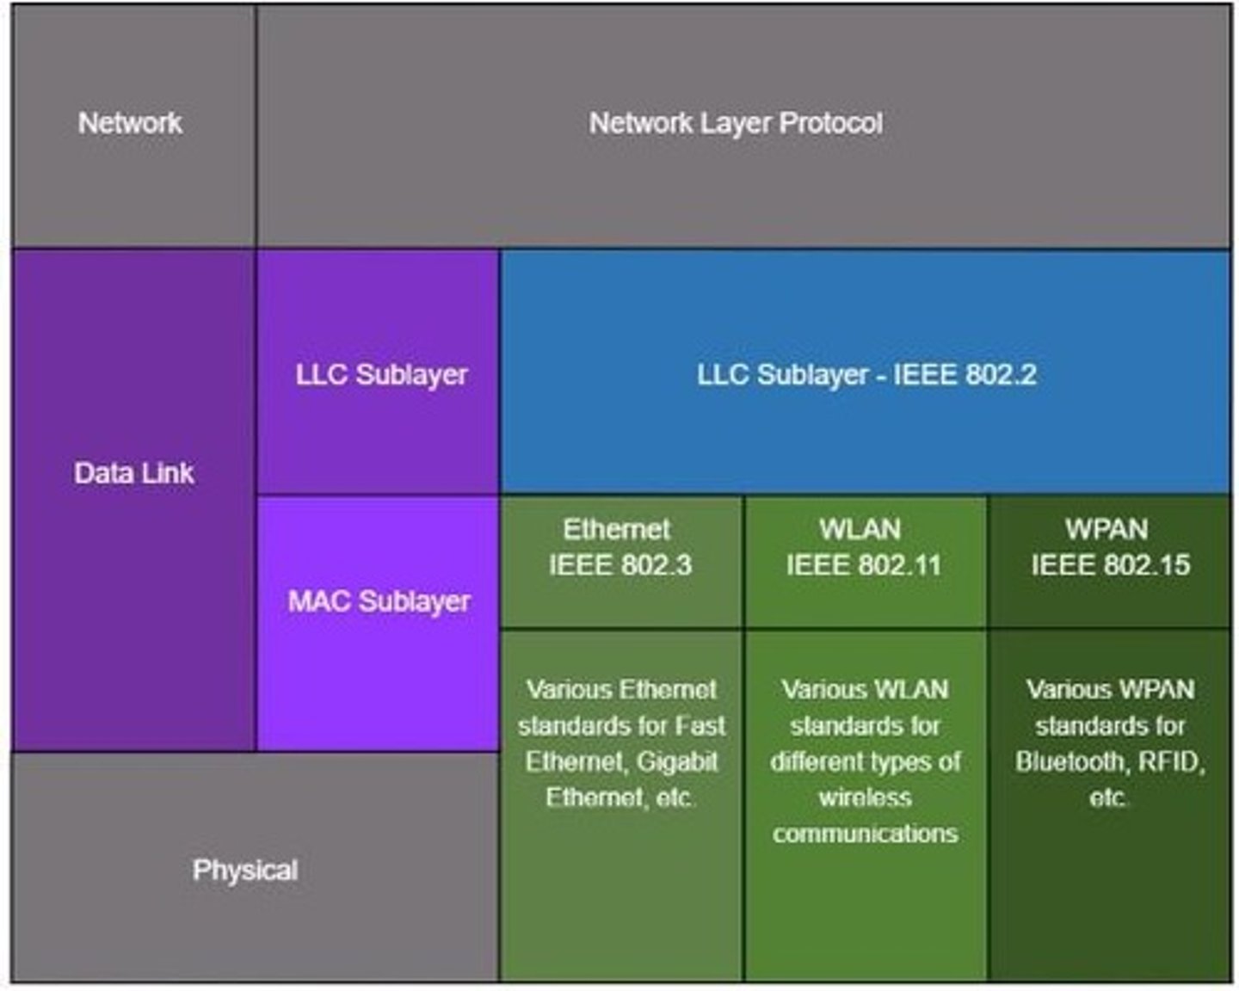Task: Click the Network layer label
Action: point(130,123)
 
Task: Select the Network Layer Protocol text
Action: point(736,123)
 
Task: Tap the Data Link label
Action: point(134,472)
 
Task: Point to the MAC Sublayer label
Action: point(379,600)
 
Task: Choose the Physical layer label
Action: point(245,870)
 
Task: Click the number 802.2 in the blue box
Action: point(1001,374)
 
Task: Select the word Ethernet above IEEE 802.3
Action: point(616,529)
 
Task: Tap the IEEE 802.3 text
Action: point(620,565)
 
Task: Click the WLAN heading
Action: point(860,529)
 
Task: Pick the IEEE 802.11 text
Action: point(864,565)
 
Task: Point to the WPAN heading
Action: point(1106,529)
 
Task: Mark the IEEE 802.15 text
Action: point(1110,565)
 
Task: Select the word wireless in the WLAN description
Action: point(865,797)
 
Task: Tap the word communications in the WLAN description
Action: point(865,834)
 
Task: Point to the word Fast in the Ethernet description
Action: point(700,725)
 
